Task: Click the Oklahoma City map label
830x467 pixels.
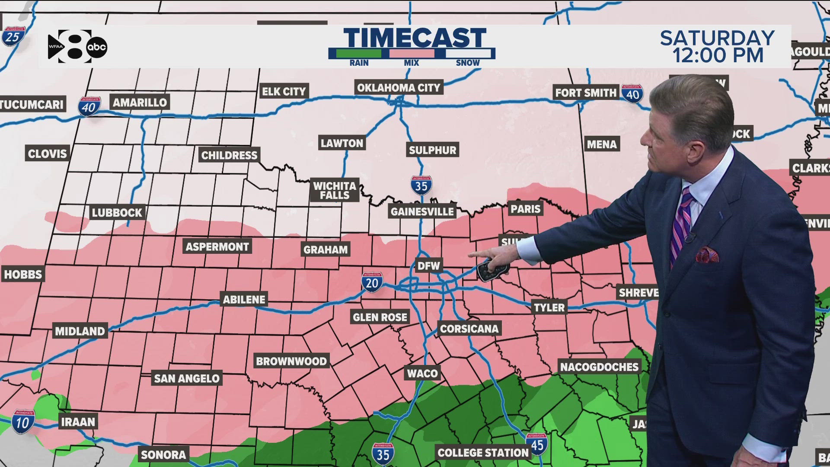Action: [x=398, y=88]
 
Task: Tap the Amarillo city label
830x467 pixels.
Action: [x=140, y=102]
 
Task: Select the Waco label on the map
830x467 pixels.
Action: [x=422, y=373]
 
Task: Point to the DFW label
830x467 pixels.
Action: [x=428, y=265]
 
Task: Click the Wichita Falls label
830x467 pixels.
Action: [x=335, y=190]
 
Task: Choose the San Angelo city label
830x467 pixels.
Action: [x=187, y=378]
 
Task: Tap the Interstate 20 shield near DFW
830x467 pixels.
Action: [x=372, y=282]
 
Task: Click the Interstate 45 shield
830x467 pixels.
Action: [x=537, y=444]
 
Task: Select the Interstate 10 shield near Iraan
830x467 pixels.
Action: [x=23, y=422]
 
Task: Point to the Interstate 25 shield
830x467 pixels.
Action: [x=13, y=36]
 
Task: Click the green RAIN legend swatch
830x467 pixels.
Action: [x=359, y=54]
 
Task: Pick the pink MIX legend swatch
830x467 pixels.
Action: [x=412, y=54]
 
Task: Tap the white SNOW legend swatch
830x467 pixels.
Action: [x=468, y=54]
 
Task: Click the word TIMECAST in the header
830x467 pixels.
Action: [x=415, y=38]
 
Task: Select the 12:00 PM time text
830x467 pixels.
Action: [x=718, y=56]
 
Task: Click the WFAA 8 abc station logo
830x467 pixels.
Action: [x=77, y=47]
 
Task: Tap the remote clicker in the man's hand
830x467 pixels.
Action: [x=492, y=271]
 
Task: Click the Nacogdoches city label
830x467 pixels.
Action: [x=599, y=367]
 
